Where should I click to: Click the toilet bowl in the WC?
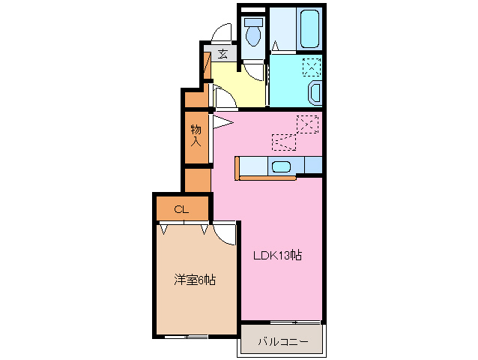click(252, 34)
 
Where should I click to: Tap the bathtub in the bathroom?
click(309, 28)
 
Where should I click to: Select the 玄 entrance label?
click(223, 53)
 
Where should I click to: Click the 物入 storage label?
click(196, 135)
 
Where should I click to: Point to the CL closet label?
click(181, 209)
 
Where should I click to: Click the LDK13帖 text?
click(278, 256)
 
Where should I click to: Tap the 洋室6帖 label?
click(195, 280)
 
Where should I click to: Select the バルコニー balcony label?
click(282, 341)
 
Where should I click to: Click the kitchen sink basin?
click(282, 166)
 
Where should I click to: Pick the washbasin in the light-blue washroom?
click(315, 93)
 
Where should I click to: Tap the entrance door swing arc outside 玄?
click(222, 34)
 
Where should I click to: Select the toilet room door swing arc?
click(255, 72)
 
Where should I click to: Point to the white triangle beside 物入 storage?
click(223, 118)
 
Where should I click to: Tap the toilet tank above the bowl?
click(252, 22)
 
